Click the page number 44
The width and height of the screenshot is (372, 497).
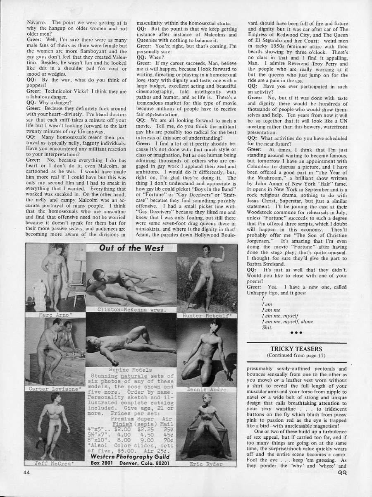[x=26, y=472]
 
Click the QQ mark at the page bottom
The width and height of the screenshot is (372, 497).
[x=342, y=472]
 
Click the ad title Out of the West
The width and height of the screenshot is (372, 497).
[x=131, y=248]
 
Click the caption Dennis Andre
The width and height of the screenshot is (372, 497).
[x=207, y=389]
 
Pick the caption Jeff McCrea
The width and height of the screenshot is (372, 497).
[x=53, y=463]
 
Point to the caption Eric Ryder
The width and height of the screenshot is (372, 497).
[x=206, y=464]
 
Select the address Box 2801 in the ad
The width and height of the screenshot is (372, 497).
[x=102, y=463]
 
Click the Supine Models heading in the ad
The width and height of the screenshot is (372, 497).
[x=130, y=369]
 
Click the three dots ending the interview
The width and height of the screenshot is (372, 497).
[x=296, y=332]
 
